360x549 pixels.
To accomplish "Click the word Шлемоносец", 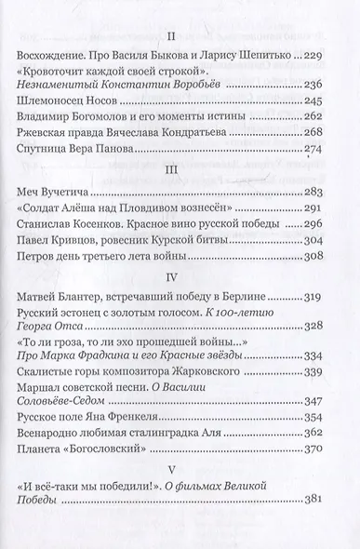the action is pos(75,100).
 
